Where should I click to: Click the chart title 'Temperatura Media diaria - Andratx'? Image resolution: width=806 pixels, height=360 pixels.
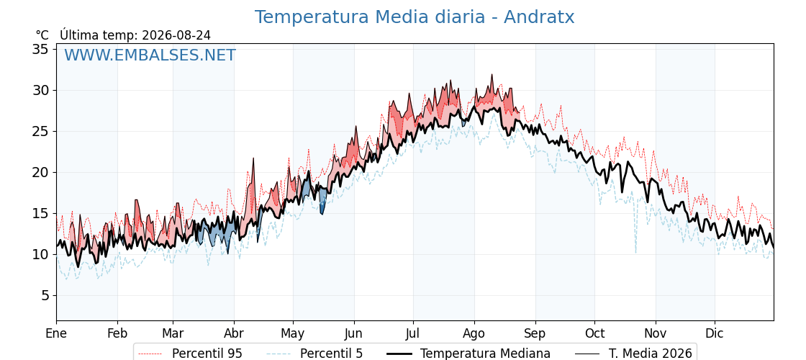(415, 17)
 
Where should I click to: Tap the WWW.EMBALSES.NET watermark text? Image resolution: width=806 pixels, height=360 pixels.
(150, 55)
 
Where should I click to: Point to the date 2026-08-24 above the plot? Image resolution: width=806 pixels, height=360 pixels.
(176, 35)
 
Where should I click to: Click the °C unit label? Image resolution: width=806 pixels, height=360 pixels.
(42, 35)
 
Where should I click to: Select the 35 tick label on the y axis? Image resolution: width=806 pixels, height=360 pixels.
(40, 50)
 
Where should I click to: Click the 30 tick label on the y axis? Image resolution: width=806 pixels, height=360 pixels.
(40, 91)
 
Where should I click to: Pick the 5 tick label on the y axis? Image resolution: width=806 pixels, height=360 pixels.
(45, 296)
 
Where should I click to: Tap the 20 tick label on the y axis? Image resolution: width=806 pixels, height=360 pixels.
(40, 172)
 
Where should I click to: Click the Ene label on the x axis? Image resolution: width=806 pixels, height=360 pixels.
(56, 333)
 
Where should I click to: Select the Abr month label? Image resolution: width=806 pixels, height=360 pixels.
(234, 333)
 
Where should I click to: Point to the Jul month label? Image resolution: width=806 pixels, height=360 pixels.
(413, 333)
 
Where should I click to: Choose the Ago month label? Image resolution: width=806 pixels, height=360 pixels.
(474, 333)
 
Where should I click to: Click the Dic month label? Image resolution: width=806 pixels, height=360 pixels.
(715, 333)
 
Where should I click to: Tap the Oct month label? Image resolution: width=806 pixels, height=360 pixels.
(594, 333)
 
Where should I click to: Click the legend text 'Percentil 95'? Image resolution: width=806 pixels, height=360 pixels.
(207, 354)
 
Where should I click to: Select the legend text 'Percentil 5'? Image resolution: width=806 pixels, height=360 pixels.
(331, 354)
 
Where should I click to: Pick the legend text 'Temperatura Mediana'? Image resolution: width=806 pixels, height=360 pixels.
(485, 354)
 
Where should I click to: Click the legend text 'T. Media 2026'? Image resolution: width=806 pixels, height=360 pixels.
(651, 354)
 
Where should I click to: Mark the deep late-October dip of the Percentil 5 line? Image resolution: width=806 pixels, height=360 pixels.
(636, 252)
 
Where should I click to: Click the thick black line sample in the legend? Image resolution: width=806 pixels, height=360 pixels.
(399, 354)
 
